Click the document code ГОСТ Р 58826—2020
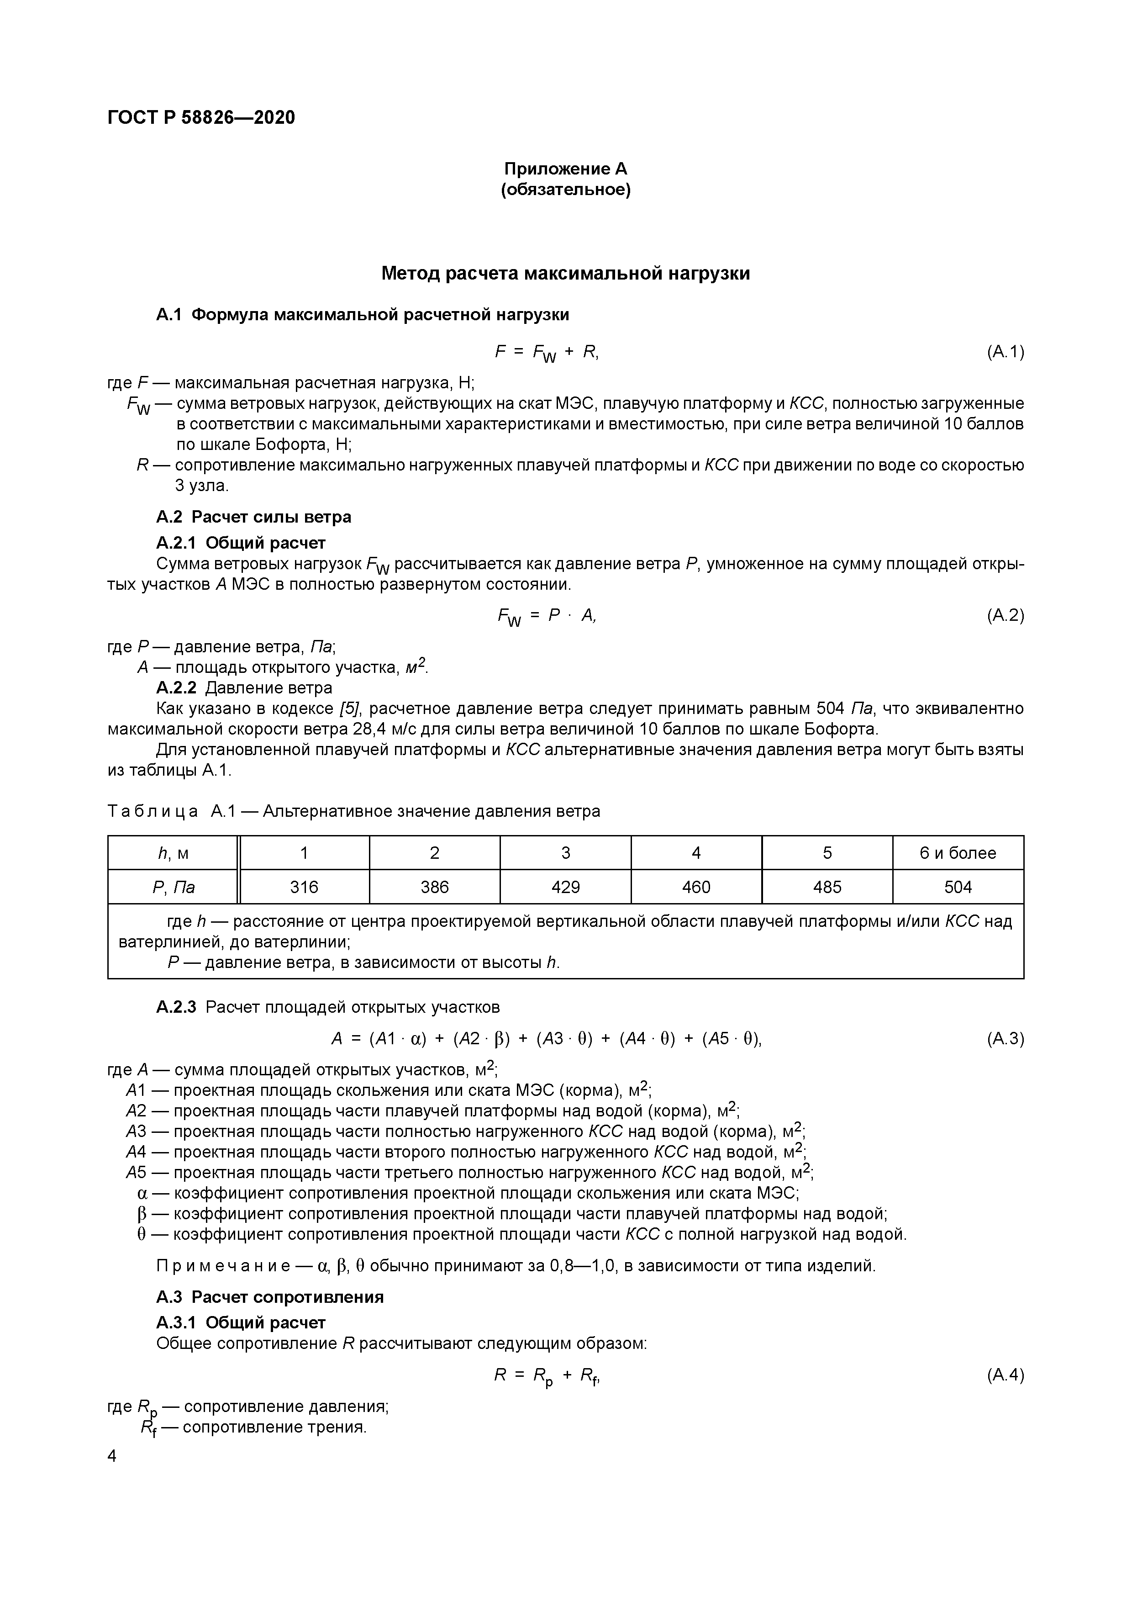(x=201, y=117)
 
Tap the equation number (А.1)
(x=1004, y=352)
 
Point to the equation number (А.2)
(x=1004, y=615)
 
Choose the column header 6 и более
(x=958, y=853)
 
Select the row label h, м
(x=173, y=853)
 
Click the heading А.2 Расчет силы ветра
(x=253, y=517)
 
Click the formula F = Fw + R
(x=546, y=352)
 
